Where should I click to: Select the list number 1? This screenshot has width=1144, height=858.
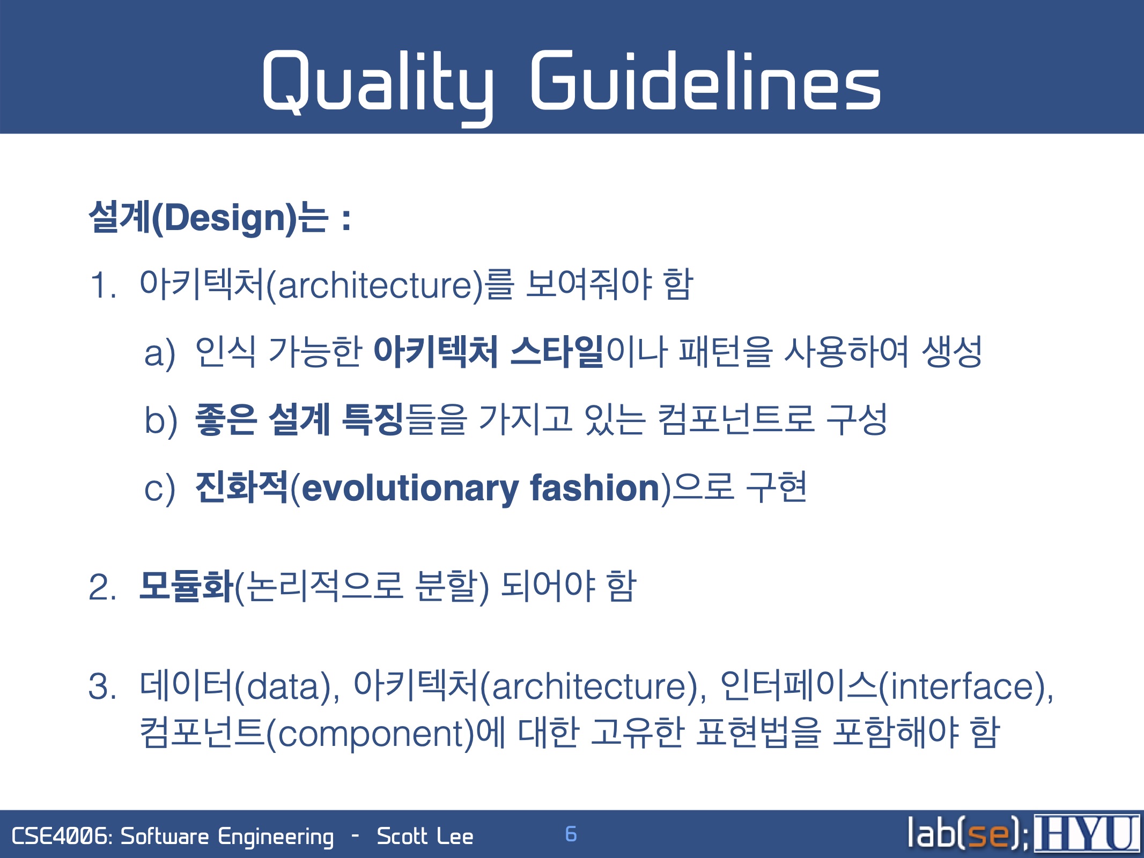(x=102, y=285)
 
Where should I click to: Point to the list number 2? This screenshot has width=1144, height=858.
(x=102, y=587)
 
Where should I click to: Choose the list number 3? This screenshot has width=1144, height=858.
(x=102, y=686)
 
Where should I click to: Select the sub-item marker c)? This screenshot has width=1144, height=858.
(x=160, y=489)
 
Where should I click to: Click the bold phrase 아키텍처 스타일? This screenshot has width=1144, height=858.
(x=489, y=352)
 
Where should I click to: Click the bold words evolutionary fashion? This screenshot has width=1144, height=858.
(x=481, y=488)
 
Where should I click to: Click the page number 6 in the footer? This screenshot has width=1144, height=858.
(x=571, y=834)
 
